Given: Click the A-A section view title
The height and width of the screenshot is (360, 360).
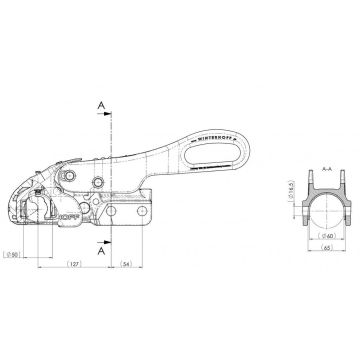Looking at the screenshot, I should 310,171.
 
